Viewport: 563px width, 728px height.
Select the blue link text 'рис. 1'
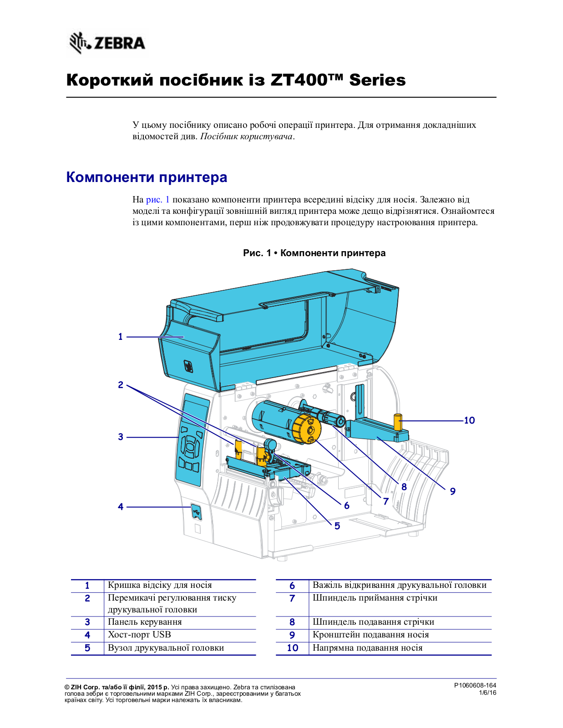click(157, 200)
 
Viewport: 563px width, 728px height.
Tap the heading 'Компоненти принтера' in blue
click(147, 177)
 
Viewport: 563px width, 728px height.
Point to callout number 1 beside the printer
click(121, 337)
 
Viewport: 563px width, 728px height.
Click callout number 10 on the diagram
click(469, 420)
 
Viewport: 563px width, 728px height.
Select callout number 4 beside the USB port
click(121, 506)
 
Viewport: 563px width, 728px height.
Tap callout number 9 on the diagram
click(452, 491)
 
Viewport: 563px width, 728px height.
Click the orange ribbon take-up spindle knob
click(306, 429)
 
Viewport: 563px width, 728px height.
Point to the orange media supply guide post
click(398, 422)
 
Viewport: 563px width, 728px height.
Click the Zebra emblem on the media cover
click(188, 366)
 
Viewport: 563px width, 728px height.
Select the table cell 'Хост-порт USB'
click(139, 635)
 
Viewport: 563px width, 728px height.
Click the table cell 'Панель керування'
click(145, 622)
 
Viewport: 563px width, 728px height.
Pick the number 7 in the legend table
click(292, 598)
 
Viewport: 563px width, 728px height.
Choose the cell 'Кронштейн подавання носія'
click(370, 635)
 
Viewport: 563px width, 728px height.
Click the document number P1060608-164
click(475, 685)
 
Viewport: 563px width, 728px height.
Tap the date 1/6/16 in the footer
click(487, 693)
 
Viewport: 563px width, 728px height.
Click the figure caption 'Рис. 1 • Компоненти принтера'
click(314, 253)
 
